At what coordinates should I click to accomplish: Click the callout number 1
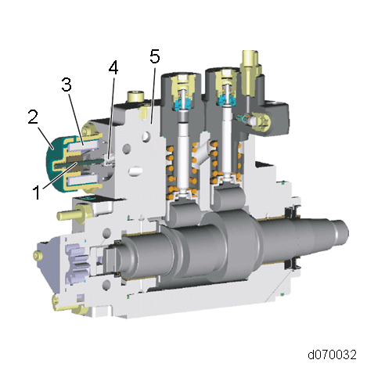point(37,192)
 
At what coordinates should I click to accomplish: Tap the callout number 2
point(33,117)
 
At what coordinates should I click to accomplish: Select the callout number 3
point(67,85)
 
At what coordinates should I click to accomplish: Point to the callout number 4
point(113,67)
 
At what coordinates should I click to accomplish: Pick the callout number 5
point(155,56)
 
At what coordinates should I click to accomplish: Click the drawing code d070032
point(332,354)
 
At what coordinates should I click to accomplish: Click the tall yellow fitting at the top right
point(250,73)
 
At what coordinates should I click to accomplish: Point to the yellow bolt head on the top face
point(135,96)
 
